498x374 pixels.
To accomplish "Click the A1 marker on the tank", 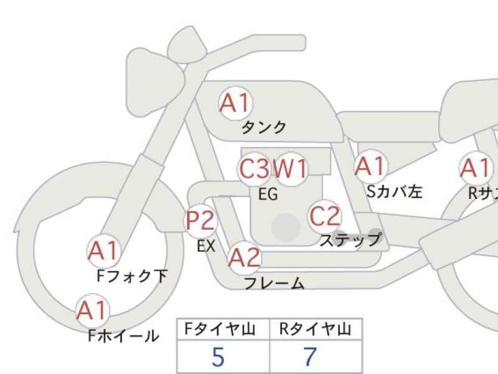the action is coord(235,103).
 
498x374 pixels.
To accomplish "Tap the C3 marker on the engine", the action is coord(254,168).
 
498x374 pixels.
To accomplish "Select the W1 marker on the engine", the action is coord(290,168).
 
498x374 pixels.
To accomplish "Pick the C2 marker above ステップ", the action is coord(324,216).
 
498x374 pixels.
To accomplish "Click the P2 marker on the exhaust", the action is coord(200,221).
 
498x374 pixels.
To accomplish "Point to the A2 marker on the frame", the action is coord(244,257).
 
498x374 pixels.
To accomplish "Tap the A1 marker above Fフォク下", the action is coord(103,251).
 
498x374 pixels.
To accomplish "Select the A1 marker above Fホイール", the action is coord(92,310).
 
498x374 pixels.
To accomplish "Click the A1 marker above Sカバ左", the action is coord(370,166).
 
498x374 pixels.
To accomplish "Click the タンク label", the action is coord(264,128).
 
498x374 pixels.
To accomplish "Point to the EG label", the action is coord(268,194).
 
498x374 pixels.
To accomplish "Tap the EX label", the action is coord(206,246).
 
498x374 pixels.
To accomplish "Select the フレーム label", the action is coord(275,283).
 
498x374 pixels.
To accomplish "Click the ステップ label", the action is coord(350,240).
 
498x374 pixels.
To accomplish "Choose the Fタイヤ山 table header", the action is coord(220,329).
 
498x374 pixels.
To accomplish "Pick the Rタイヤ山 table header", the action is coord(315,329).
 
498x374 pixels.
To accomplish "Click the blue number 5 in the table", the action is coord(218,357).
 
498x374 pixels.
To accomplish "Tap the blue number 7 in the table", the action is coord(310,357).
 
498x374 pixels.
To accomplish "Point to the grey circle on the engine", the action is coord(286,227).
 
